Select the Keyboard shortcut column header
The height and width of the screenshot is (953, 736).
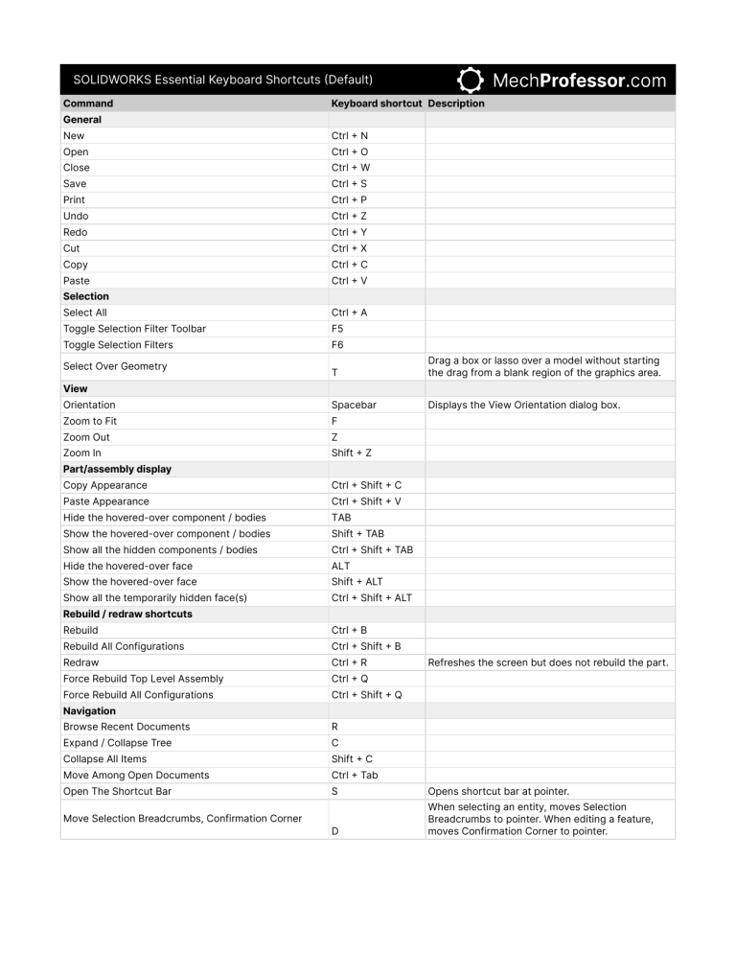pos(377,104)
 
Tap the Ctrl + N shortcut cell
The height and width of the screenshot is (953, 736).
pos(349,136)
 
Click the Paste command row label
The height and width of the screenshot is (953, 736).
pos(76,281)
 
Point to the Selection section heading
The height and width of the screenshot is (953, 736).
pos(86,296)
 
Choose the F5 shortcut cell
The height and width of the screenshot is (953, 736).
pos(337,329)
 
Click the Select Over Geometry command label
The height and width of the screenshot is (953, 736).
pos(115,366)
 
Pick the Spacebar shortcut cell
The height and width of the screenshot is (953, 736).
pos(354,405)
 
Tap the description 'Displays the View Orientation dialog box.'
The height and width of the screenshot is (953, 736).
pos(524,405)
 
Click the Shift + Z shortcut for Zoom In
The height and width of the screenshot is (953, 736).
pos(352,453)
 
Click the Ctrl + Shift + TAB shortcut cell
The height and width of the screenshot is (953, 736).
pos(372,549)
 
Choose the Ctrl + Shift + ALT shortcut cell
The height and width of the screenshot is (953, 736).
pos(372,597)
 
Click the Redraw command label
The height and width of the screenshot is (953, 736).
pos(80,662)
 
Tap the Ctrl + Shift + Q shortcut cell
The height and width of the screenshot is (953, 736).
pos(366,694)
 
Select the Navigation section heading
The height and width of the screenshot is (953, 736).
pos(89,710)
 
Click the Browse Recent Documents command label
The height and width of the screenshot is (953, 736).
pos(126,727)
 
